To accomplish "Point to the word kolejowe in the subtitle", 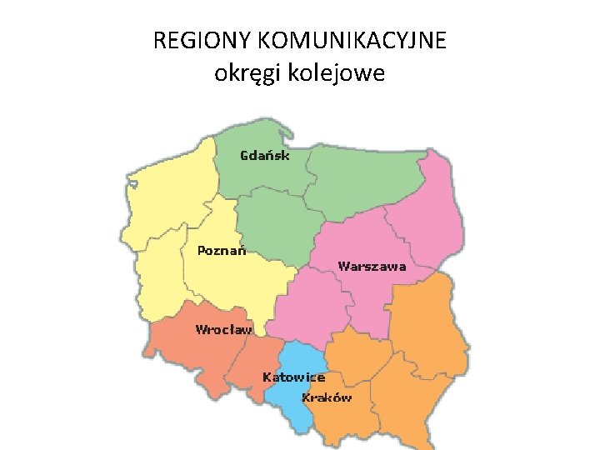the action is click(337, 73).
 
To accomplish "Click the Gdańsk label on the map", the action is click(265, 155).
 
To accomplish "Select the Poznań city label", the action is click(222, 250).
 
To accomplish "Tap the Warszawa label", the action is click(372, 267).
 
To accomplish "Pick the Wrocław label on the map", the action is click(223, 329).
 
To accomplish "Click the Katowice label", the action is click(293, 377).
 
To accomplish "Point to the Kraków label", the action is click(327, 397).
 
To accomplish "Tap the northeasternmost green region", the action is click(367, 179).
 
